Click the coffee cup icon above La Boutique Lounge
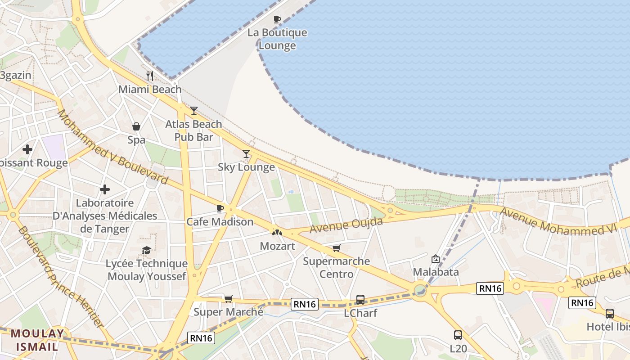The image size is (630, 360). (x=277, y=19)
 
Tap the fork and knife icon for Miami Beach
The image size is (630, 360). (x=150, y=76)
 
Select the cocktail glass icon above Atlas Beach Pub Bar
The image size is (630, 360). (x=194, y=110)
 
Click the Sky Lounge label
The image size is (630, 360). (x=246, y=167)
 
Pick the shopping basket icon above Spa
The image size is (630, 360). (x=136, y=126)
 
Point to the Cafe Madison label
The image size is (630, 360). (x=220, y=222)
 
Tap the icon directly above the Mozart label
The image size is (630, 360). (x=277, y=233)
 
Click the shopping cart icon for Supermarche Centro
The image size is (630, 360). (x=336, y=248)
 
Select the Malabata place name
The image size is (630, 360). (x=436, y=272)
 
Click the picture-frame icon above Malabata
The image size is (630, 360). (x=436, y=259)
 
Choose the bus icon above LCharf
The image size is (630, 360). (x=360, y=299)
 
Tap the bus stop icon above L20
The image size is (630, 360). (x=458, y=335)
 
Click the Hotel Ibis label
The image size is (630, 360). (x=607, y=327)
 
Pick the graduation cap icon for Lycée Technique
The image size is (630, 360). (x=146, y=250)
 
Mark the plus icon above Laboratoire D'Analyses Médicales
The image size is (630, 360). (x=105, y=189)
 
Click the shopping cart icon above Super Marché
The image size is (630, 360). (x=229, y=299)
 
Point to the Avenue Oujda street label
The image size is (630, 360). (x=346, y=225)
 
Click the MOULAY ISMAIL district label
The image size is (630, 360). (x=37, y=340)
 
